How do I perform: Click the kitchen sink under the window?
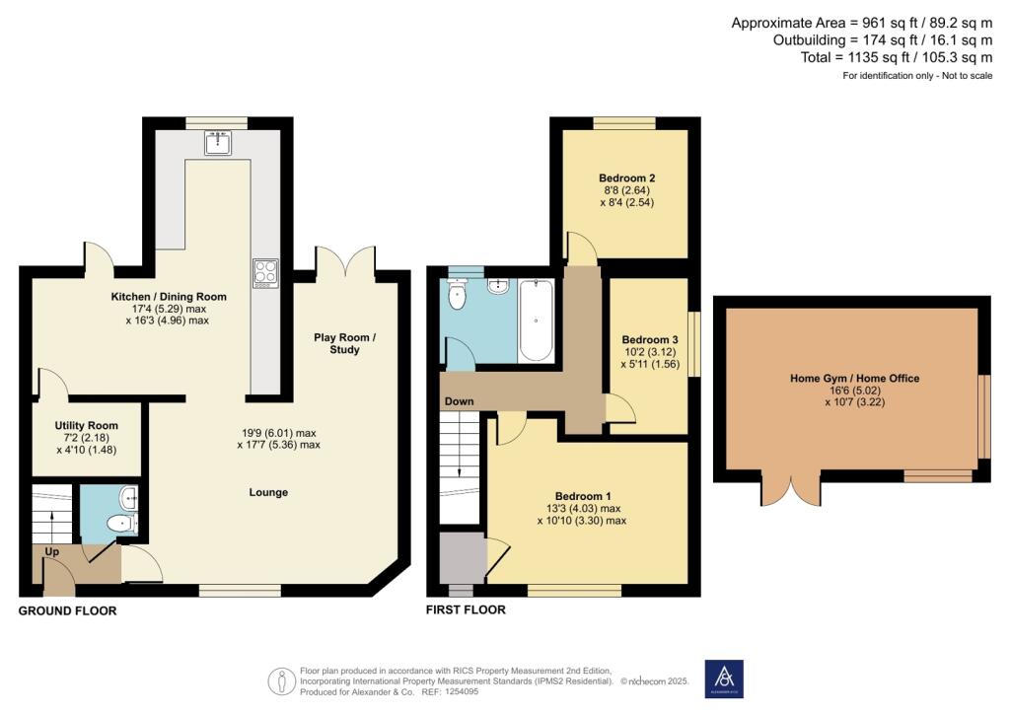click(218, 143)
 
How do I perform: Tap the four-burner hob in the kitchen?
click(265, 273)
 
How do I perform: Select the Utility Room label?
click(87, 426)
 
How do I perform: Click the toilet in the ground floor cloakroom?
click(121, 524)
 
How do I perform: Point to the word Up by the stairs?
click(52, 551)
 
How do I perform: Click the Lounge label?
click(268, 492)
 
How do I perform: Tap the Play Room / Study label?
click(344, 343)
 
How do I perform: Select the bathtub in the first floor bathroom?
click(536, 320)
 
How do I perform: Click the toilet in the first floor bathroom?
click(457, 294)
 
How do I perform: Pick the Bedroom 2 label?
click(626, 178)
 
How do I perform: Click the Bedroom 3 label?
click(650, 340)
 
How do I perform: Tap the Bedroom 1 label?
click(583, 496)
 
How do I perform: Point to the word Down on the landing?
click(460, 401)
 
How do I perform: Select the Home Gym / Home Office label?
click(855, 379)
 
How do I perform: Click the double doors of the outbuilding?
click(791, 488)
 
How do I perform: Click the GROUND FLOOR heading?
click(68, 611)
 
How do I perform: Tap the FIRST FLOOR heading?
click(466, 609)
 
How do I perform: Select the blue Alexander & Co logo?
click(724, 678)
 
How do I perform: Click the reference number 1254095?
click(460, 692)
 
